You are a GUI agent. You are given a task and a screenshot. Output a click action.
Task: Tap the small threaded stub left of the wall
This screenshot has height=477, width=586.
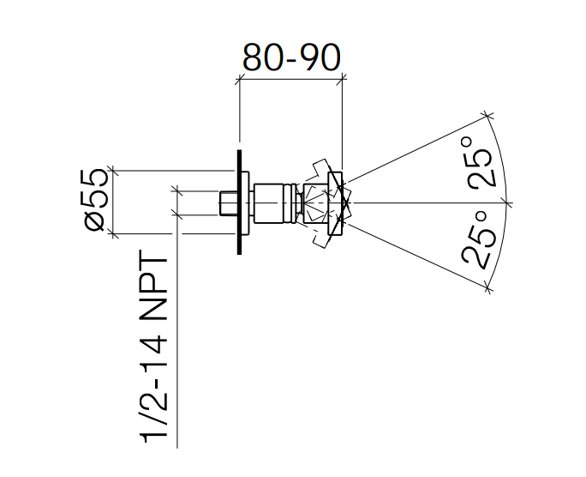click(x=227, y=203)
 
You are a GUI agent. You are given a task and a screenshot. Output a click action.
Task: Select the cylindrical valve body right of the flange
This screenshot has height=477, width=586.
click(x=274, y=203)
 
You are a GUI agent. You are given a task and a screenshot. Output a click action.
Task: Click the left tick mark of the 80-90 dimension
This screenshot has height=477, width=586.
click(x=239, y=79)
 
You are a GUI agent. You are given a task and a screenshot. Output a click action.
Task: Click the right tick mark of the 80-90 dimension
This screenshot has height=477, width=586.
click(x=343, y=79)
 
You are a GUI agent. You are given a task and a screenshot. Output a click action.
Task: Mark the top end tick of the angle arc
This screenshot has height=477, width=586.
click(x=487, y=115)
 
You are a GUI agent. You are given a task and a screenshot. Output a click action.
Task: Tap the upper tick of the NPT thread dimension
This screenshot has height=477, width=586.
click(x=176, y=190)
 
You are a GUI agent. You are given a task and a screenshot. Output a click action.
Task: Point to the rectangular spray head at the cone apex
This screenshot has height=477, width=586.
click(x=337, y=203)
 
